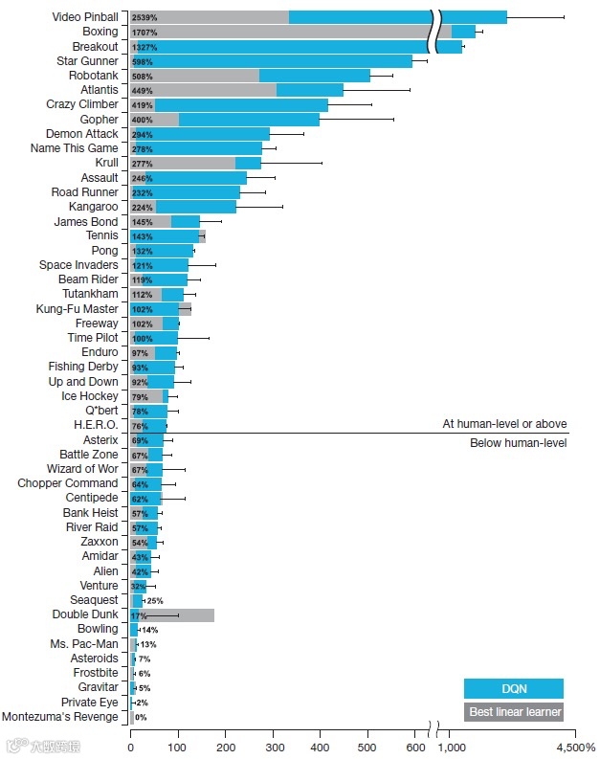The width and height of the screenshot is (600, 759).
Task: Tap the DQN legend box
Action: (x=513, y=688)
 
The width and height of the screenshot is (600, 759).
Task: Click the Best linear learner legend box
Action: (x=513, y=712)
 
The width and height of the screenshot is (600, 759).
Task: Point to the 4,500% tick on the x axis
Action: (x=576, y=747)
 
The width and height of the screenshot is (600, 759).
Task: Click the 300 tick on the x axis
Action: (x=274, y=747)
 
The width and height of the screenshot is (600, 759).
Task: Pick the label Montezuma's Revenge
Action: (x=60, y=716)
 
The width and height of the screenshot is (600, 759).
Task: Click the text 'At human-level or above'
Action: (x=504, y=423)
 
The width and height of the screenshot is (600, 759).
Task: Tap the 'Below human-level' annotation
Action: (x=518, y=443)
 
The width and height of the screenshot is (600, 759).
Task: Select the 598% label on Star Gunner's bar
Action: (x=143, y=61)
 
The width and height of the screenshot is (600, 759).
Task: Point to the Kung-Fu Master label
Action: (x=77, y=308)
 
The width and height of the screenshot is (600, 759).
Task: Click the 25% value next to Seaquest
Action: (x=155, y=600)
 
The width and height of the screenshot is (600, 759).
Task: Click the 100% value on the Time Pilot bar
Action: (x=143, y=338)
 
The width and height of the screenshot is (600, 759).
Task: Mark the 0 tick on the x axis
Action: (x=130, y=747)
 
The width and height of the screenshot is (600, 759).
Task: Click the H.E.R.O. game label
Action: (x=96, y=425)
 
